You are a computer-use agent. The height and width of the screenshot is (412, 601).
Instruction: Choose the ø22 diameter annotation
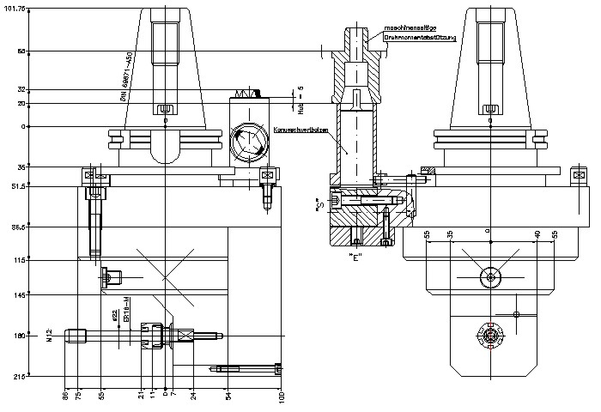coord(114,314)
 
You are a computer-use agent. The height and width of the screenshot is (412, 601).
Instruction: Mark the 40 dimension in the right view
coord(537,233)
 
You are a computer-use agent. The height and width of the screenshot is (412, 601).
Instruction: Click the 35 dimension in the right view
coord(450,233)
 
